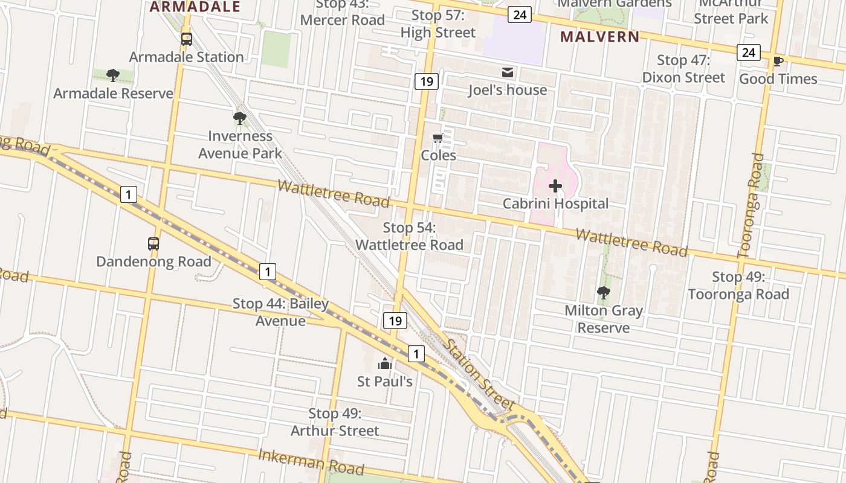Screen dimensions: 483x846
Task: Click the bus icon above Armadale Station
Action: pyautogui.click(x=187, y=39)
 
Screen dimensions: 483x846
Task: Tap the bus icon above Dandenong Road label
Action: pyautogui.click(x=153, y=244)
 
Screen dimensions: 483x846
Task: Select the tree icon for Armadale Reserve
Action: pyautogui.click(x=112, y=75)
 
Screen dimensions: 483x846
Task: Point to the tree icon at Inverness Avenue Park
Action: pyautogui.click(x=240, y=118)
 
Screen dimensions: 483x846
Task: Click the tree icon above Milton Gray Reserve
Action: pyautogui.click(x=603, y=293)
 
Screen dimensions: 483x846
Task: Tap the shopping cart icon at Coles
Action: pyautogui.click(x=438, y=138)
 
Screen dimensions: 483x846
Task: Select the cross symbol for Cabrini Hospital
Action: pyautogui.click(x=555, y=186)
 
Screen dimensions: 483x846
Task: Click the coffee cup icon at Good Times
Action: pyautogui.click(x=778, y=61)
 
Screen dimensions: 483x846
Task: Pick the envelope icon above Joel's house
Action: pyautogui.click(x=508, y=72)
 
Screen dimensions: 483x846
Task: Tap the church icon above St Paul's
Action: pyautogui.click(x=385, y=363)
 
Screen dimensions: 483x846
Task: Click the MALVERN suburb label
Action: pyautogui.click(x=599, y=36)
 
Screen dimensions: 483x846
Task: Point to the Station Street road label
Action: pyautogui.click(x=480, y=374)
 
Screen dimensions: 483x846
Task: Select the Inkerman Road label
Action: pyautogui.click(x=311, y=462)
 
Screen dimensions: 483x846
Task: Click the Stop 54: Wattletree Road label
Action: pyautogui.click(x=410, y=236)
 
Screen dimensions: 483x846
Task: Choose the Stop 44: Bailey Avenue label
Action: pyautogui.click(x=281, y=312)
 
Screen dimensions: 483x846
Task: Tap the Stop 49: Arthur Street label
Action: pyautogui.click(x=335, y=422)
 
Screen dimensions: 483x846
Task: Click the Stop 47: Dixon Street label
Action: pyautogui.click(x=683, y=69)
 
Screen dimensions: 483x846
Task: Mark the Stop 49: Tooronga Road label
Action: pyautogui.click(x=738, y=286)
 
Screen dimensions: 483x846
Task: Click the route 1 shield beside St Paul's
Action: pyautogui.click(x=416, y=353)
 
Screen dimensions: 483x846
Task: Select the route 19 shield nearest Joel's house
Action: pyautogui.click(x=427, y=81)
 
